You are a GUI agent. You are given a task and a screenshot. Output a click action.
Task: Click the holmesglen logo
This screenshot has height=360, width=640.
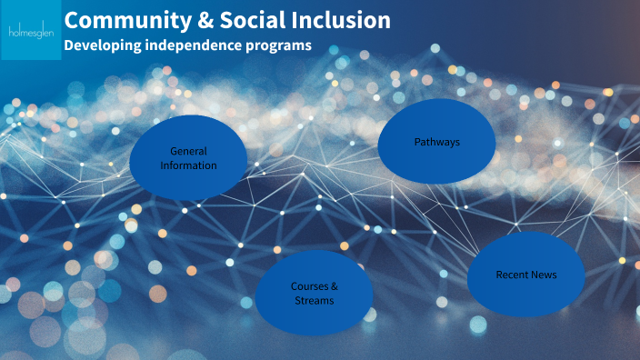tap(30, 30)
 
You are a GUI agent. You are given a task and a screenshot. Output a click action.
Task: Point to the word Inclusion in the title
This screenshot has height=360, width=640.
tap(346, 20)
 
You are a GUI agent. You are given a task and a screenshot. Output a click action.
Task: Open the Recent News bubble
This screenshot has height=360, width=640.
tap(525, 274)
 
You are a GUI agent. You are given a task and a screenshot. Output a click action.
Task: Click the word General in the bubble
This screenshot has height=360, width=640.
tap(188, 151)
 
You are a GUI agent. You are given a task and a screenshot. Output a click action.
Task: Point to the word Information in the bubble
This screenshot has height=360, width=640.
tap(188, 165)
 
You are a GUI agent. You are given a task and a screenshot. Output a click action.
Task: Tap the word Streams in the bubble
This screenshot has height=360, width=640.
tap(315, 300)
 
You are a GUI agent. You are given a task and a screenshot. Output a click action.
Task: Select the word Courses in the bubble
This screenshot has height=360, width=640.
tap(307, 285)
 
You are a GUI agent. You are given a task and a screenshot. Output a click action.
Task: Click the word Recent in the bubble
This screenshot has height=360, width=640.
tap(513, 275)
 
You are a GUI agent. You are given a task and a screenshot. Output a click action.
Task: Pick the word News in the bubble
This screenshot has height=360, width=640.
tap(545, 275)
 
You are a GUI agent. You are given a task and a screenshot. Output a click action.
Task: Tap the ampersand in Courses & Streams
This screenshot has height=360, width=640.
tap(334, 285)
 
